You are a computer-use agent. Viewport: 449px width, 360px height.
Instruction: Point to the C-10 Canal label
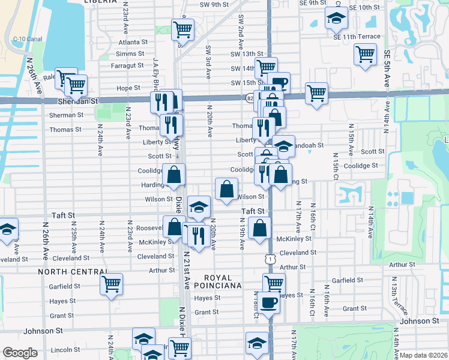(22, 39)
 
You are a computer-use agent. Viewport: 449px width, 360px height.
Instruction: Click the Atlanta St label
(133, 42)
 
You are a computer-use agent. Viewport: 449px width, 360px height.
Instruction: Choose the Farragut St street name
(127, 65)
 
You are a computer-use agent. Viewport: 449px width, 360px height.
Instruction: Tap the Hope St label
(128, 88)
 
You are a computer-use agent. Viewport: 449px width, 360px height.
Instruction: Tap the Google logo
(20, 353)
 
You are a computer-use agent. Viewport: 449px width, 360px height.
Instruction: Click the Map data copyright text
(423, 355)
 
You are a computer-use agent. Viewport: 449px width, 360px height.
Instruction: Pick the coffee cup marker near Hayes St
(270, 302)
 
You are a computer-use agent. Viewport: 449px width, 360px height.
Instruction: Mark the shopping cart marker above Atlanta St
(182, 28)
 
